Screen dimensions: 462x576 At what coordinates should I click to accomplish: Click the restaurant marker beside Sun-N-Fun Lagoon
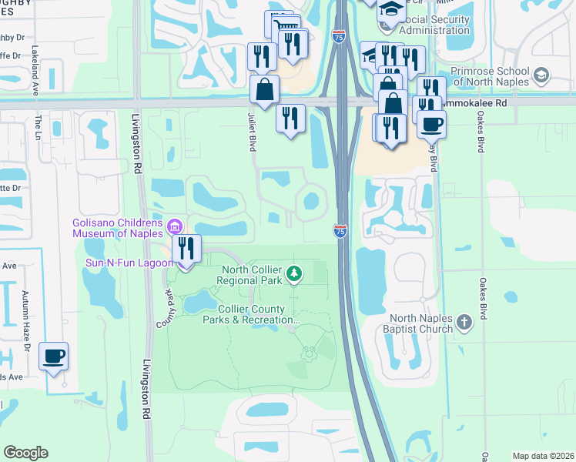tap(186, 249)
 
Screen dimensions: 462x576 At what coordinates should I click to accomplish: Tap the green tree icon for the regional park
tap(293, 273)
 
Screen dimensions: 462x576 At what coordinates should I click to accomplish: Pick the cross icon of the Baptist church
tap(464, 322)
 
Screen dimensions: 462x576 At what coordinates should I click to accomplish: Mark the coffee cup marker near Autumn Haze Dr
tap(53, 357)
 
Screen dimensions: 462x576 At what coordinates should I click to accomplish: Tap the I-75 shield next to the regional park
tap(340, 230)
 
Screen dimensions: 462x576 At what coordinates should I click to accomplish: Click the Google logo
tap(25, 453)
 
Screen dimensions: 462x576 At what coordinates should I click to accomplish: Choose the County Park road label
tap(163, 306)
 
